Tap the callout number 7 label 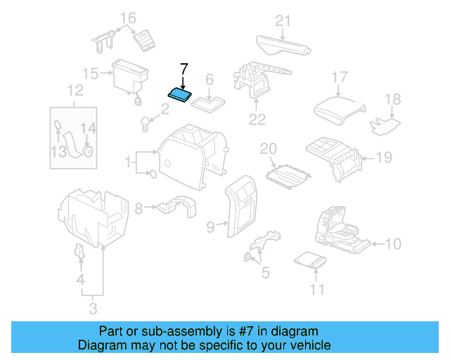coord(184,69)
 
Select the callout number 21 coord(282,21)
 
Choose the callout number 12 coord(75,90)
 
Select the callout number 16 coord(127,18)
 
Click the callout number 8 coord(139,208)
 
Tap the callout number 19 coord(383,157)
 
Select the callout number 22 coord(257,120)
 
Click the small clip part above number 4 coord(79,252)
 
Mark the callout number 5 coord(264,273)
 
